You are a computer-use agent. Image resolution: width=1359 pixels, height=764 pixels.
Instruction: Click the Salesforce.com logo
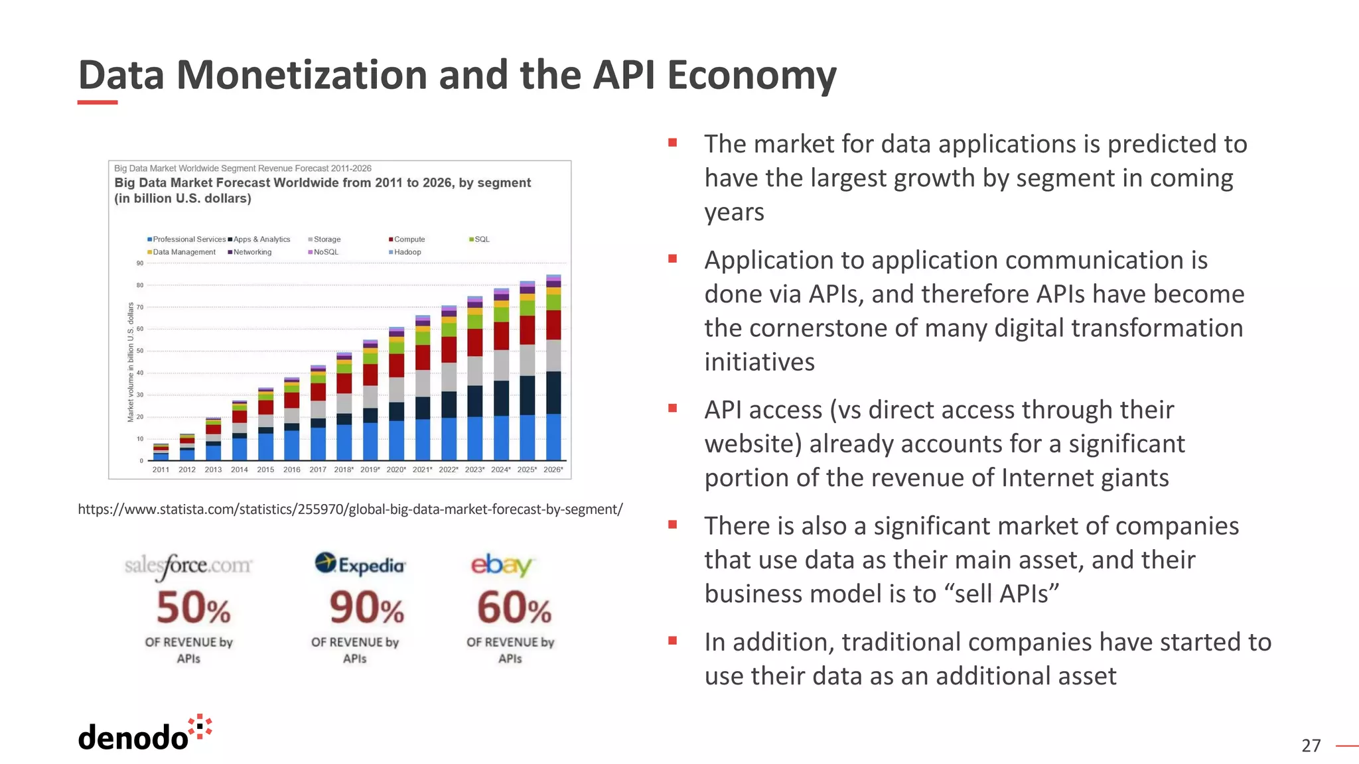pos(188,566)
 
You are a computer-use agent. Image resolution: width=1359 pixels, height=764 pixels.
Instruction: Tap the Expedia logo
pos(360,564)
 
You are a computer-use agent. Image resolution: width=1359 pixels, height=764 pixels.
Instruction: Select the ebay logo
pos(502,564)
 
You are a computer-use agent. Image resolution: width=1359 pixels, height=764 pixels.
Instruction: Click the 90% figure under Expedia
pos(366,608)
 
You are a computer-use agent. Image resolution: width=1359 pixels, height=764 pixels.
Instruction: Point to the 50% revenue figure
pos(193,608)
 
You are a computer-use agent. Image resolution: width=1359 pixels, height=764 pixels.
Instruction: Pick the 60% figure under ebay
pos(514,608)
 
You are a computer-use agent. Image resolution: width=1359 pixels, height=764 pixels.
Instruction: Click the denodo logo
pos(144,734)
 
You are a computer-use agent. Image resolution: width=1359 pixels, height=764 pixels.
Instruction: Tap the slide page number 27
pos(1311,746)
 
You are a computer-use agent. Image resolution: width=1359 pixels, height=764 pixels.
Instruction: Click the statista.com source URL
pos(350,509)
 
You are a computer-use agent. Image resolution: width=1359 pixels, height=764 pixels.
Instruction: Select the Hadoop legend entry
pos(406,252)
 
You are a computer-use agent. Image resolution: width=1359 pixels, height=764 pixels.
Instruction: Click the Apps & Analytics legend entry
pos(261,239)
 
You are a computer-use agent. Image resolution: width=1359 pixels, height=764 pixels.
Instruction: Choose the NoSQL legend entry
pos(324,252)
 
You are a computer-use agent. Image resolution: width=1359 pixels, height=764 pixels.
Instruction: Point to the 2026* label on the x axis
pos(553,470)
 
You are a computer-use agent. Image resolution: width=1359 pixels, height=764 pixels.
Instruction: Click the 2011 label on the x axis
pos(161,470)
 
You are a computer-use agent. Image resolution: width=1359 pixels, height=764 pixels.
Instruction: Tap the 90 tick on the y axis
pos(140,263)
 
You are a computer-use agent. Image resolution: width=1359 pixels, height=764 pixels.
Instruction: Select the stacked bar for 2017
pos(318,413)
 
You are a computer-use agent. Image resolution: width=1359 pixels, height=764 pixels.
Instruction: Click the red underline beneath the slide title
pos(98,102)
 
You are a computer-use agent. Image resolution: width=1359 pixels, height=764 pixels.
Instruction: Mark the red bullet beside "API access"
pos(672,409)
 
